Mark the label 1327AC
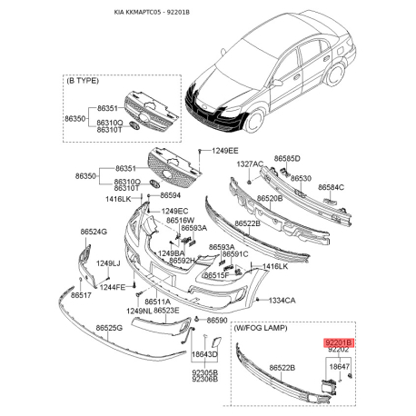tap(253, 163)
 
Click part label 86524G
tap(93, 233)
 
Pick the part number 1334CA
tap(282, 299)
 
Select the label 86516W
tap(182, 220)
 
